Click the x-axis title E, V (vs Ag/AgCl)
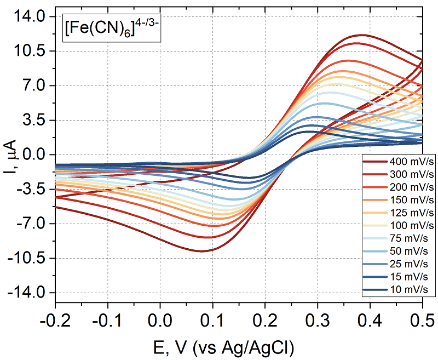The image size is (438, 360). pyautogui.click(x=239, y=345)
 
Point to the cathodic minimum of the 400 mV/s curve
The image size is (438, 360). pyautogui.click(x=203, y=251)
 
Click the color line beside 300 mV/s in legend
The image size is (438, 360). pyautogui.click(x=374, y=175)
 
